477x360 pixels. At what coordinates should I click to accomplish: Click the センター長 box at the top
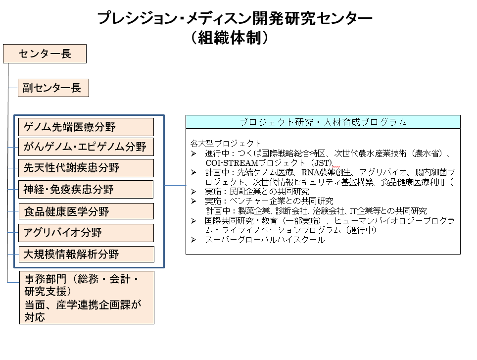pyautogui.click(x=45, y=54)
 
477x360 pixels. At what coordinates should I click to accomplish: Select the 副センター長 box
pyautogui.click(x=53, y=88)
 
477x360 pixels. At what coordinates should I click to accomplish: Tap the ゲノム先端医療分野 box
pyautogui.click(x=86, y=127)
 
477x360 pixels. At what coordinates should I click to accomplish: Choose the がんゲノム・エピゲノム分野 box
pyautogui.click(x=86, y=147)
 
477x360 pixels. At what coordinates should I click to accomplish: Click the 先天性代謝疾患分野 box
pyautogui.click(x=86, y=168)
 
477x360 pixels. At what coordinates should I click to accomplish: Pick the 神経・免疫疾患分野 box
pyautogui.click(x=86, y=190)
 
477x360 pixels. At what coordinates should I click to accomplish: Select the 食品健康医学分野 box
pyautogui.click(x=86, y=211)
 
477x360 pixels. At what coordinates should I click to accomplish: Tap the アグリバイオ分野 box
pyautogui.click(x=86, y=233)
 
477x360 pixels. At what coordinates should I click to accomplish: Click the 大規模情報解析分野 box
pyautogui.click(x=87, y=254)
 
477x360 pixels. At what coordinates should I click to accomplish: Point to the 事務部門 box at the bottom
pyautogui.click(x=87, y=298)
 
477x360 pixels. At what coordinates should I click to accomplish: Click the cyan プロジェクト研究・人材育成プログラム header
pyautogui.click(x=323, y=122)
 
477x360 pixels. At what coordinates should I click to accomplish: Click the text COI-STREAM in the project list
pyautogui.click(x=232, y=163)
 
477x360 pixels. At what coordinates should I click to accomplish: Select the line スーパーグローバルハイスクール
pyautogui.click(x=265, y=240)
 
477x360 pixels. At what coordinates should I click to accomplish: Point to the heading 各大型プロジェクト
pyautogui.click(x=226, y=143)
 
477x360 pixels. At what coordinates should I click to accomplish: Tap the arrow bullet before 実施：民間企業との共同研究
pyautogui.click(x=193, y=192)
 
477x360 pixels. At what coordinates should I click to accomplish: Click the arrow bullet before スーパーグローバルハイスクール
pyautogui.click(x=193, y=240)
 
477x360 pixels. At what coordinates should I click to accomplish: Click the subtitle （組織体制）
pyautogui.click(x=230, y=38)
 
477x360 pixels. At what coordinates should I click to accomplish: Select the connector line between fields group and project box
pyautogui.click(x=175, y=185)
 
